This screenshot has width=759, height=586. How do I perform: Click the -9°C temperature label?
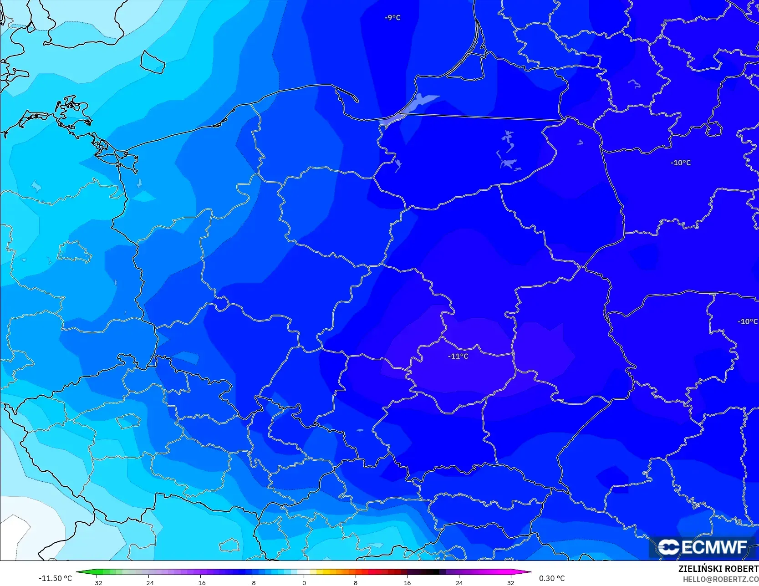392,18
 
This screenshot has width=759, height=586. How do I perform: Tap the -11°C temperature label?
458,356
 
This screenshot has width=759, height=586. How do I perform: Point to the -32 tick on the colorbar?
97,582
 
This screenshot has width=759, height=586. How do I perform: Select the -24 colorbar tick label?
148,582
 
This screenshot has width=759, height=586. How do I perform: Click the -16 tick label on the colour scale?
200,582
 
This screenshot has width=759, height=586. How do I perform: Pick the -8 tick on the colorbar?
252,582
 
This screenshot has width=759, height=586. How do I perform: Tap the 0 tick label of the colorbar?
304,582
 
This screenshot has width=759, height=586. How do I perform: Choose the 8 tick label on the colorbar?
356,582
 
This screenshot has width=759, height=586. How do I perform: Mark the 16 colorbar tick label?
407,582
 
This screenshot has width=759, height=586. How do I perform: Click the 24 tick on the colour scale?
459,582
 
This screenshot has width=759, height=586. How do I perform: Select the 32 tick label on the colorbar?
510,582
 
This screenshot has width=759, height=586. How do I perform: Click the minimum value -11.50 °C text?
55,578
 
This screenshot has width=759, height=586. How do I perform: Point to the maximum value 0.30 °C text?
552,578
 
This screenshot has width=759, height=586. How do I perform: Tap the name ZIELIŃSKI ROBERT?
718,569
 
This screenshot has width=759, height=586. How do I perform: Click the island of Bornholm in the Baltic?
152,62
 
